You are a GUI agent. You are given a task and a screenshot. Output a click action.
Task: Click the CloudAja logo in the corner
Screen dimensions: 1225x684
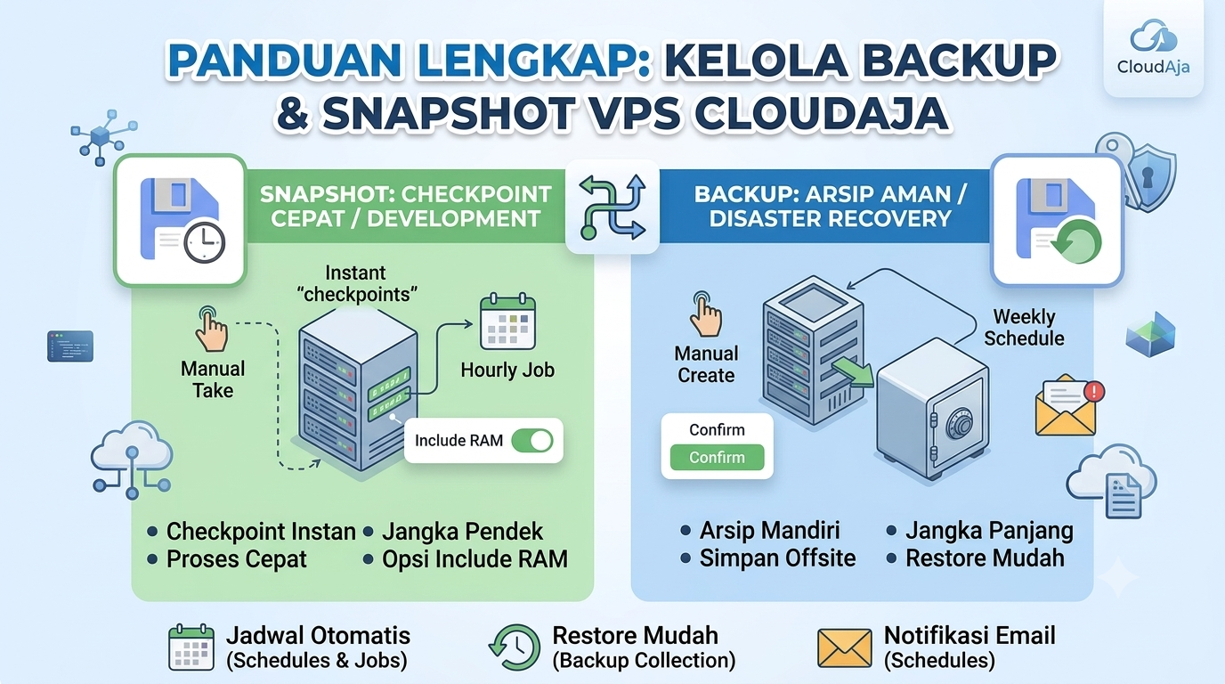click(x=1154, y=47)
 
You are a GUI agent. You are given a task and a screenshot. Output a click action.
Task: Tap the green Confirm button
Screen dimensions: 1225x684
click(x=717, y=458)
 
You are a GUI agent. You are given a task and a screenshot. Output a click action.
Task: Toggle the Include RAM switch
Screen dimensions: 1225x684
click(x=532, y=441)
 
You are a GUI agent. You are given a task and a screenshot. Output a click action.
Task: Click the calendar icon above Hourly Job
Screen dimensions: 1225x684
click(x=507, y=322)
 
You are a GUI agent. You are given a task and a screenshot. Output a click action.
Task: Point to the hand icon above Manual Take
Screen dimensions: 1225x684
click(x=211, y=329)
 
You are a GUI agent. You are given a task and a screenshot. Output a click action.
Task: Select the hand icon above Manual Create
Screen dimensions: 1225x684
click(x=705, y=314)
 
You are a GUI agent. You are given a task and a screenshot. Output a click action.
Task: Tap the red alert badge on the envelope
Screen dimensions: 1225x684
click(x=1094, y=391)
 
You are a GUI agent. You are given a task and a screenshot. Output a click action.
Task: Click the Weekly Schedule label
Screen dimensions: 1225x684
click(x=1024, y=327)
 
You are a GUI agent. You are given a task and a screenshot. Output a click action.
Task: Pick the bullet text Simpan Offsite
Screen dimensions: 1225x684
click(x=778, y=558)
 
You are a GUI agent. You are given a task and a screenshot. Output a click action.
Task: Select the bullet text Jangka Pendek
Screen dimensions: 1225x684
click(x=462, y=532)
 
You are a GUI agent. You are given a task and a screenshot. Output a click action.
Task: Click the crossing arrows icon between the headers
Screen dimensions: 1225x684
click(x=612, y=207)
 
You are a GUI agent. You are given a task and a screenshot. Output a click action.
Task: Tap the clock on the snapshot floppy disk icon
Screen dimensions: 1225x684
click(x=204, y=242)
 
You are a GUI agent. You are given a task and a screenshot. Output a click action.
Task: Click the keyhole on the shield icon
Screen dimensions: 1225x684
click(x=1148, y=176)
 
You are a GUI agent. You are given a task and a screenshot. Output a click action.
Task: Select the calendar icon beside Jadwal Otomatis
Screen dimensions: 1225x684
click(x=191, y=647)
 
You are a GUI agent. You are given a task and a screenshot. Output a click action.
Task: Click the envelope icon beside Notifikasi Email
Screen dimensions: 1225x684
click(x=844, y=648)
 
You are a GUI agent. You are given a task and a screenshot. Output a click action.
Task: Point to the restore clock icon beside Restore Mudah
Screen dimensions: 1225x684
click(x=514, y=647)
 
